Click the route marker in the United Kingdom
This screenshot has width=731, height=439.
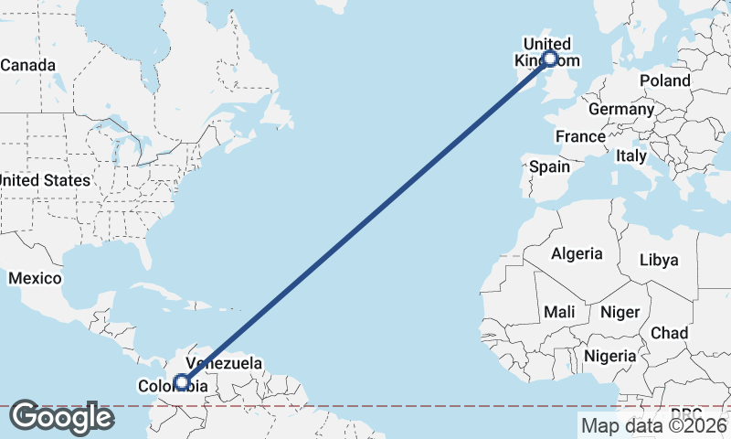pos(549,59)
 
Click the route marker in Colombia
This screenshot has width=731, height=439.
pos(183,382)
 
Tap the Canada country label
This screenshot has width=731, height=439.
pos(27,66)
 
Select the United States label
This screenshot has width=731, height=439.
pos(45,180)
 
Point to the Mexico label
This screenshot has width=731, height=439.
pos(35,278)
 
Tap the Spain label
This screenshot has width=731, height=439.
pos(549,166)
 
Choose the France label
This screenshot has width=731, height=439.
pos(580,136)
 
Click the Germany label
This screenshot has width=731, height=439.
pos(621,110)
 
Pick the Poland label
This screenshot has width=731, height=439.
pos(664,80)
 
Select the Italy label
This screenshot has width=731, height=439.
pos(630,156)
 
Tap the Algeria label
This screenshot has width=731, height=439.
pos(577,253)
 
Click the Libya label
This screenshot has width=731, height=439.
pos(659,260)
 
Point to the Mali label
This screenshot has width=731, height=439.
pos(559,312)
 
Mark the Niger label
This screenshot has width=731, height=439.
pos(620,312)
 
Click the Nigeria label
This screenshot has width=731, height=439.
pos(609,355)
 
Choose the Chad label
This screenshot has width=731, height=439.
pos(670,333)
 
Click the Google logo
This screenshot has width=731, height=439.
pos(61,417)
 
